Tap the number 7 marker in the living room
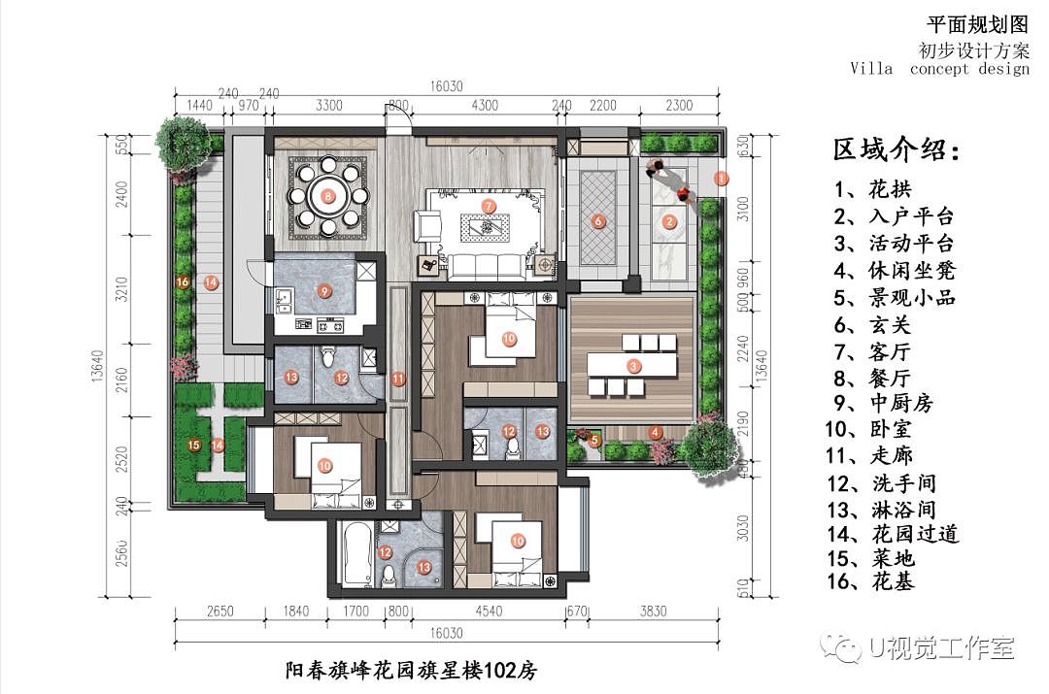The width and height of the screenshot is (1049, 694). click(489, 206)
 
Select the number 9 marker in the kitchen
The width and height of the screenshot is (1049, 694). click(325, 289)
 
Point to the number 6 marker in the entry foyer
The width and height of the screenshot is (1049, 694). click(598, 221)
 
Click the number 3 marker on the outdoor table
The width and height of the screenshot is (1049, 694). click(633, 366)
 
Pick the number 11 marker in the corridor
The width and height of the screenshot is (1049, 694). click(397, 379)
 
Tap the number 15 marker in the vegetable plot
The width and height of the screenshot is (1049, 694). click(193, 446)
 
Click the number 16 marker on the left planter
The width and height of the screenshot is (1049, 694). click(181, 281)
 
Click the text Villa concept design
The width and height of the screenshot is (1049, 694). click(939, 68)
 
